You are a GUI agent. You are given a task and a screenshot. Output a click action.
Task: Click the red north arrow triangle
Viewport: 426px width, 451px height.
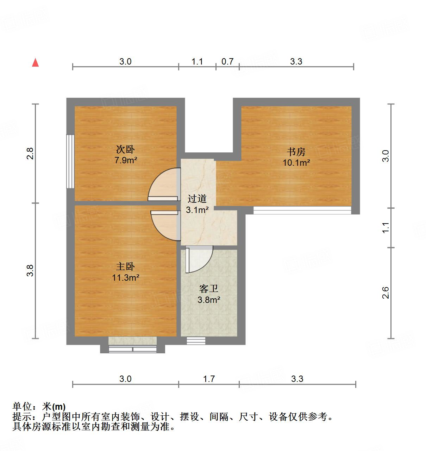click(35, 62)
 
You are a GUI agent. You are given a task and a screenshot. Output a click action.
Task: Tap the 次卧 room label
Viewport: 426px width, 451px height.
click(125, 150)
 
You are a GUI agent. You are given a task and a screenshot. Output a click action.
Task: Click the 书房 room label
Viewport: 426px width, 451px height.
click(296, 152)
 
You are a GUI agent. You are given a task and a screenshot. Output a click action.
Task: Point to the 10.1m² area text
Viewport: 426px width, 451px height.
click(296, 163)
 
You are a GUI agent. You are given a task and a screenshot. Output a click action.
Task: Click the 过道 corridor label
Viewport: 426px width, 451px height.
click(197, 199)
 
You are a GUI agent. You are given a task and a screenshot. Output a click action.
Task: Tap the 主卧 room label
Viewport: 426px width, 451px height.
click(125, 267)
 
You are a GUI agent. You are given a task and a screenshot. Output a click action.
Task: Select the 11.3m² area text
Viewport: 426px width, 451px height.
click(125, 278)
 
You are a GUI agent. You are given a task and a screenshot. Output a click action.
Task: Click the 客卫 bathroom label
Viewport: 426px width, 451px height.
click(209, 289)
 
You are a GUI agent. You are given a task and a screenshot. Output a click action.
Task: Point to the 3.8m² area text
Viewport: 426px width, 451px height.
click(209, 300)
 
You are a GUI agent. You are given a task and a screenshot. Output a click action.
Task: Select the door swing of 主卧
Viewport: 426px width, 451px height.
click(164, 225)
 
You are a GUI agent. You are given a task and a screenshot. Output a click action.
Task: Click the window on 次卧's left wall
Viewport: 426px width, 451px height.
click(70, 161)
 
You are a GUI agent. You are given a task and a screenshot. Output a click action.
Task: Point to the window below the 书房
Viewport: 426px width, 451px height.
click(302, 211)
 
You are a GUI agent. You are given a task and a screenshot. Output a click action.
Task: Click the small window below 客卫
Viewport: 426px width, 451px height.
click(196, 341)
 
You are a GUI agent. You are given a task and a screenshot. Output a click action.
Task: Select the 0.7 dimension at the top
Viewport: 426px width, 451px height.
click(227, 61)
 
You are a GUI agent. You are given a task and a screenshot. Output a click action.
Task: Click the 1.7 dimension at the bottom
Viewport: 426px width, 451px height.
click(209, 379)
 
